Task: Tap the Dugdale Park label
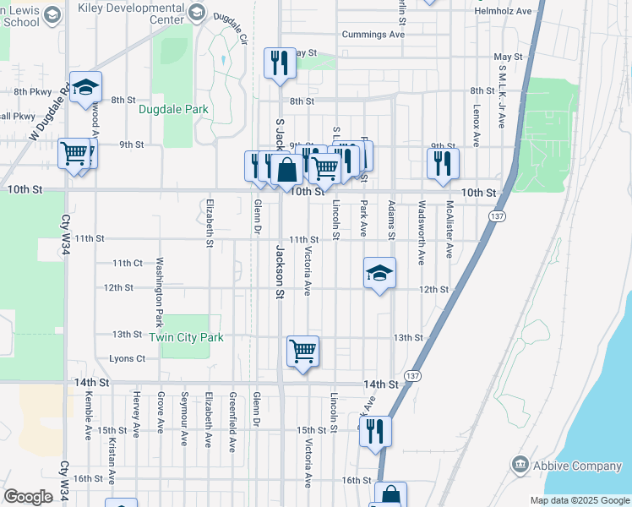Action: tap(174, 110)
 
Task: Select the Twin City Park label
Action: tap(187, 337)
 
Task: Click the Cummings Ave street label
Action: tap(373, 35)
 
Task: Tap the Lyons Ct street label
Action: tap(128, 358)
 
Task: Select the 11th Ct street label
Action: tap(127, 263)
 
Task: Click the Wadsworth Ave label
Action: tap(420, 232)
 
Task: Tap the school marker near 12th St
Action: tap(379, 273)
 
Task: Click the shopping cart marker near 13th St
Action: tap(302, 350)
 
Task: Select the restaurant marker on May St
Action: tap(280, 63)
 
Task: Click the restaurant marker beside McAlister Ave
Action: tap(442, 163)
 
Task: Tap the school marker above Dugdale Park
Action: tap(85, 88)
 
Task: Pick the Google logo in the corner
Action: tap(29, 497)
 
